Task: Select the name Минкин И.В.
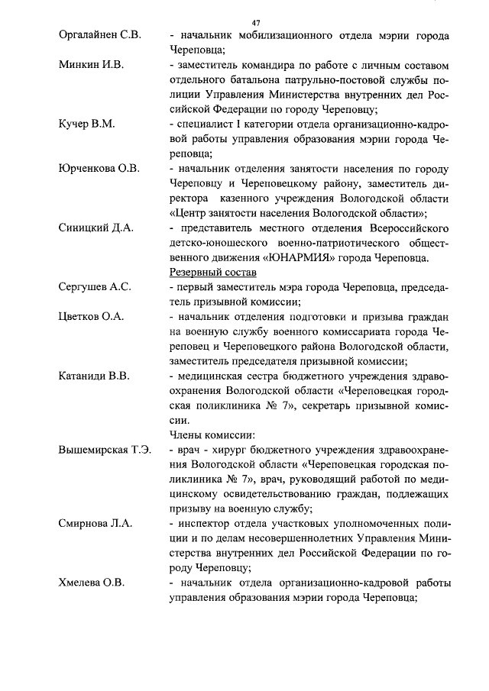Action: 90,63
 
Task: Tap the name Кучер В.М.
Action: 86,124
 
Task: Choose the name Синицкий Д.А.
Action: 96,228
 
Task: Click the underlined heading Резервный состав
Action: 212,273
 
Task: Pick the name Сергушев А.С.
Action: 96,287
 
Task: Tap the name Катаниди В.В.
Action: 95,376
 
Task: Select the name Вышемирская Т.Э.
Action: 105,450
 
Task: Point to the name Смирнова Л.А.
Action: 96,524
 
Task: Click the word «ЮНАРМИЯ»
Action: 279,258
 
